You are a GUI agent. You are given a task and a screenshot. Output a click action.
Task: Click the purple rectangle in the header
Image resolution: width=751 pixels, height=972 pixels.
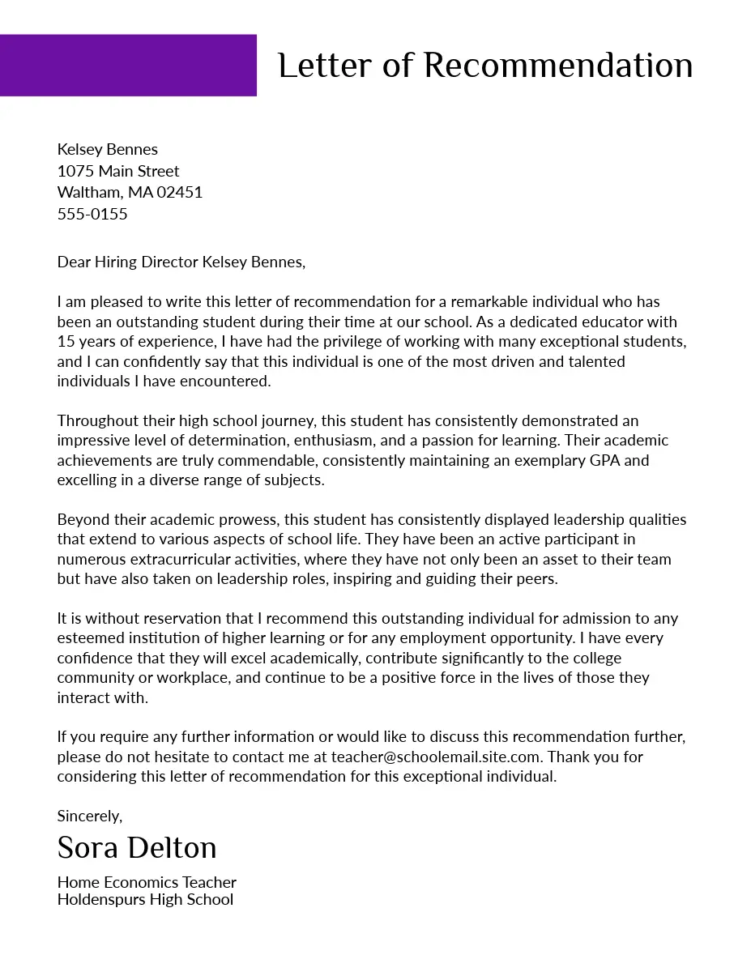[x=128, y=65]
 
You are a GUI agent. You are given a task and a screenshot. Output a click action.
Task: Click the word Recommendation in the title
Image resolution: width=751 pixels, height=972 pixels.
[x=558, y=66]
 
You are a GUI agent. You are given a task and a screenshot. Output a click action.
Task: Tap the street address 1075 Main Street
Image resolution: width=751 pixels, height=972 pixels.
[x=118, y=171]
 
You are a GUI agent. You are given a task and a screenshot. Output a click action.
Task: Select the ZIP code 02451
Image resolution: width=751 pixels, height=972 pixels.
[x=179, y=192]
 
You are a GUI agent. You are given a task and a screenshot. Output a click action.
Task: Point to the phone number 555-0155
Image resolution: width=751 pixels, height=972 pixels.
[x=92, y=214]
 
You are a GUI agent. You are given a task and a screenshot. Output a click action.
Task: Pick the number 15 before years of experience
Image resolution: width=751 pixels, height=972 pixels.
[x=66, y=341]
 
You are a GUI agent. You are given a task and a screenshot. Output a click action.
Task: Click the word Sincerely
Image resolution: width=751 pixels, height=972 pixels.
[x=89, y=816]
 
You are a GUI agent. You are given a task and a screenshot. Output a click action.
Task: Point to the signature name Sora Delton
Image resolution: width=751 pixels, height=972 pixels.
[x=137, y=848]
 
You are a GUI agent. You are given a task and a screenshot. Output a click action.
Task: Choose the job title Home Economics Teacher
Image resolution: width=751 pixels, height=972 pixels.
[x=147, y=882]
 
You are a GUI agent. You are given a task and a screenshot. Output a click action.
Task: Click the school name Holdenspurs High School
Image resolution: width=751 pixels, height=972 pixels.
[x=145, y=899]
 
